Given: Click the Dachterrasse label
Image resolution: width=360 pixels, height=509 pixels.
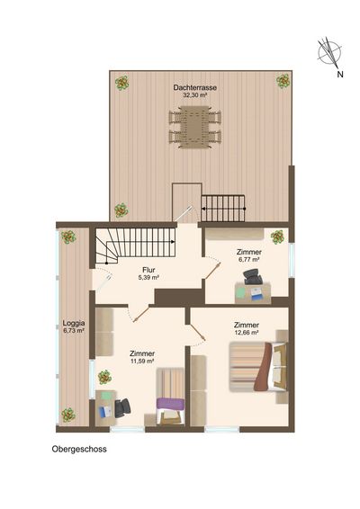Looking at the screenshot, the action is (195, 87).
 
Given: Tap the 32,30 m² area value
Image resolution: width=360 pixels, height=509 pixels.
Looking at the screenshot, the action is (195, 95).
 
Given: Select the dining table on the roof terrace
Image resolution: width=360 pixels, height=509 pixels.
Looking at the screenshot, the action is (195, 127).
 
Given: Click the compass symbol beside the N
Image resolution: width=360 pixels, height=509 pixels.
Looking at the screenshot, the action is (329, 52).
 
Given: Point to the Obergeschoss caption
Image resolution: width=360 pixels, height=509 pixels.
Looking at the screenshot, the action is (79, 450).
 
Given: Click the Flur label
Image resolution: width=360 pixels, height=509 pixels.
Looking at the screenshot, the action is (148, 270).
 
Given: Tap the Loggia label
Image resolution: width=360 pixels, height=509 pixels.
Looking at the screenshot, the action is (74, 323).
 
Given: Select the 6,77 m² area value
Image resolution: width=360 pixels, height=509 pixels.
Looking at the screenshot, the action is (249, 260).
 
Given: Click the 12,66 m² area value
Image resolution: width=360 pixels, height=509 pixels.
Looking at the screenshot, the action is (247, 333).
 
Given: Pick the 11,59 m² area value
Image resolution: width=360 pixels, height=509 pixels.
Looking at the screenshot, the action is (142, 361).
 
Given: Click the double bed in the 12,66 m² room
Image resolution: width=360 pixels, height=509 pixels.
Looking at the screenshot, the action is (258, 367).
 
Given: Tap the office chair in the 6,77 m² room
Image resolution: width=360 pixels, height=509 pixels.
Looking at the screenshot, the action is (253, 277).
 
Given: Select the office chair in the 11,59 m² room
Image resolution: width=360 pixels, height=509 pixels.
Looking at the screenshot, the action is (122, 407).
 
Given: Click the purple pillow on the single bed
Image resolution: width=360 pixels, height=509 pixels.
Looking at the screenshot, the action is (171, 404).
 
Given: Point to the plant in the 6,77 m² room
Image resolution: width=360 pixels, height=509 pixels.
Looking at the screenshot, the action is (277, 237).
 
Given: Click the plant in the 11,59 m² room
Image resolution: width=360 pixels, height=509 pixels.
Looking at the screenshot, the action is (104, 377).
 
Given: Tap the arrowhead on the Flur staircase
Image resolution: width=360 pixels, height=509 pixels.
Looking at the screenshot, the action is (173, 242).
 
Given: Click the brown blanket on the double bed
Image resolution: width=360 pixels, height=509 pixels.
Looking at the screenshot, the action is (264, 367).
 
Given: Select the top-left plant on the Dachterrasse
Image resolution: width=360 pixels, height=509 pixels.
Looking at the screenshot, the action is (122, 83).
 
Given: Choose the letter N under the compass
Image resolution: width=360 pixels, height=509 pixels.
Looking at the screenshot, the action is (340, 75).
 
